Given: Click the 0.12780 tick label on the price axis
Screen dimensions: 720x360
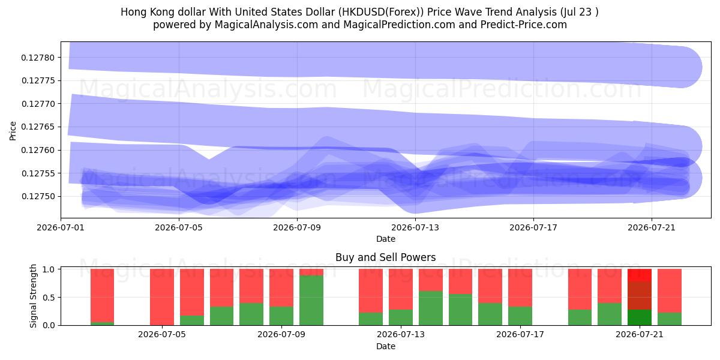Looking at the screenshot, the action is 38,58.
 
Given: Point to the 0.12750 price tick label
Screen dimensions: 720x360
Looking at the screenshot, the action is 38,196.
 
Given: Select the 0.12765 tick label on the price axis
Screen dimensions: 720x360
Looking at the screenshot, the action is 38,127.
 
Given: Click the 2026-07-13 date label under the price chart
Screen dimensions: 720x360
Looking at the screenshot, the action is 415,227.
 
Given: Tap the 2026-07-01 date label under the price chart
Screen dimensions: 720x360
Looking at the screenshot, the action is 61,227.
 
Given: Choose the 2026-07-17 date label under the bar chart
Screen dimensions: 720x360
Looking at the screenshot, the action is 520,335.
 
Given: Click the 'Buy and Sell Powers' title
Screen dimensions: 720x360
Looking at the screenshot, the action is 386,257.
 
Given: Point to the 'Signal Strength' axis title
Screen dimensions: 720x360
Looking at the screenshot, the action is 33,296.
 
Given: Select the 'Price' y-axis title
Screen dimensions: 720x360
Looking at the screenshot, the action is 13,131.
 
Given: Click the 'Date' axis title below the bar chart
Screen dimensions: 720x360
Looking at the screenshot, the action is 386,346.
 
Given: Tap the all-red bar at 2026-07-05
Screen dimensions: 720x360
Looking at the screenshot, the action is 161,297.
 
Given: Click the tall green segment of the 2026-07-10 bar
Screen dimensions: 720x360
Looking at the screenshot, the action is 311,300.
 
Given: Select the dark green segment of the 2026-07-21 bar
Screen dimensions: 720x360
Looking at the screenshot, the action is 640,317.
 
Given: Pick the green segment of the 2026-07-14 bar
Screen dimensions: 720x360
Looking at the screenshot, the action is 431,308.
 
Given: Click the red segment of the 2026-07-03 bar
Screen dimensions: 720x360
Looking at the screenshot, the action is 102,296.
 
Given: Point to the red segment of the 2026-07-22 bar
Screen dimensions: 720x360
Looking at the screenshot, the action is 670,291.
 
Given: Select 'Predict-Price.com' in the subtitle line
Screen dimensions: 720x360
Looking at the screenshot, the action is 524,25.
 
